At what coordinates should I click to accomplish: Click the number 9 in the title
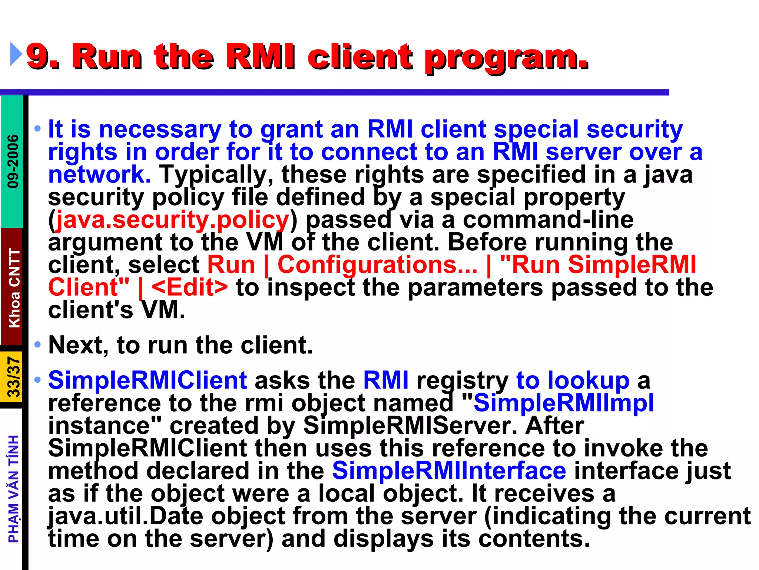(x=37, y=56)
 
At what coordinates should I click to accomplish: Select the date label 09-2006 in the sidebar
(x=13, y=161)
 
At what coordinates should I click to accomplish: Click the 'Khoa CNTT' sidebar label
(x=14, y=288)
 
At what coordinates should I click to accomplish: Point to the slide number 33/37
(x=14, y=377)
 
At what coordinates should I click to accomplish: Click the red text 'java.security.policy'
(x=172, y=220)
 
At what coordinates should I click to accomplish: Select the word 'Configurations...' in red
(x=377, y=265)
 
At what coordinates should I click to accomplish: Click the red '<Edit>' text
(x=190, y=288)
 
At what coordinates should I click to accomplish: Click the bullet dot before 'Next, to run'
(x=37, y=345)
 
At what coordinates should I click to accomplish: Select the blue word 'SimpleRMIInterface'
(x=449, y=471)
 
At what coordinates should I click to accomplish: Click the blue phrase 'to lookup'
(x=573, y=381)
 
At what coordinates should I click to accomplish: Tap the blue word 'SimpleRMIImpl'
(x=563, y=403)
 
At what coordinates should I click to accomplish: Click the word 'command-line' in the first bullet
(x=548, y=220)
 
